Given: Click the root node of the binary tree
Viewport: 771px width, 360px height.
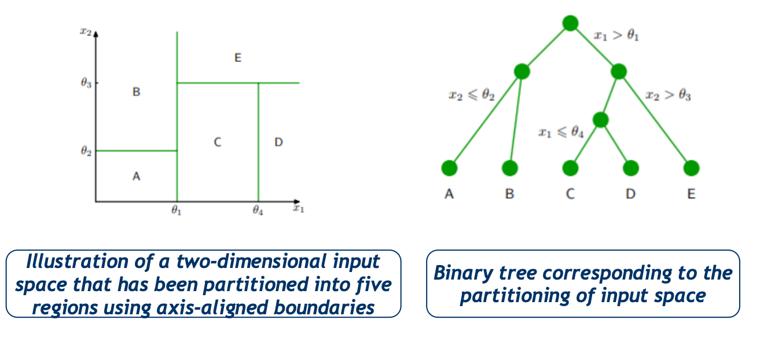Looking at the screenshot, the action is pos(570,23).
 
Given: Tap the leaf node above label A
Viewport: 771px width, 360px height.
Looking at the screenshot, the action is pos(450,168).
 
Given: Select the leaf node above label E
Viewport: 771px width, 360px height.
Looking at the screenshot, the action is pos(692,168).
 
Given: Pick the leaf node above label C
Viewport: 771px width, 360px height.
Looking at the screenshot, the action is pos(570,168).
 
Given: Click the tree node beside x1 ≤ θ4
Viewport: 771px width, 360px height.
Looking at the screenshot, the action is pos(601,120).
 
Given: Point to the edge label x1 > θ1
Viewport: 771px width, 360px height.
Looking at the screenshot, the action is pos(616,35).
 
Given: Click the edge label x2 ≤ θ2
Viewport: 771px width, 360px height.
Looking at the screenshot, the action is pos(472,95).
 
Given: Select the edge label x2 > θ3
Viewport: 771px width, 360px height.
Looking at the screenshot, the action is pos(668,95).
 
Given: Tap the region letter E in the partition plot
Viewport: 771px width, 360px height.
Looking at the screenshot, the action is pos(238,57).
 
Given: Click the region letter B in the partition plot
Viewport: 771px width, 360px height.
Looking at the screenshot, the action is pos(136,92).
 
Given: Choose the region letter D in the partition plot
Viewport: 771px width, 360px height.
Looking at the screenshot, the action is pos(278,142).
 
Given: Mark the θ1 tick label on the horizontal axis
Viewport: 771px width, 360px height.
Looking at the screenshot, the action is pos(176,210).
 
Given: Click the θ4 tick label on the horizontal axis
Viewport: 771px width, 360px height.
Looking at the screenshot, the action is pos(258,210).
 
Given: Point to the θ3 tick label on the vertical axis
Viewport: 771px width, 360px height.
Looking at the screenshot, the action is pos(86,83).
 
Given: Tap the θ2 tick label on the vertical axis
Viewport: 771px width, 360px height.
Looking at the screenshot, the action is pos(86,150).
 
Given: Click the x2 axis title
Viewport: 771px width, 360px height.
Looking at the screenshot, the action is pos(86,31).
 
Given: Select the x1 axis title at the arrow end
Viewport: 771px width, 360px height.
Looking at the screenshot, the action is pos(299,208).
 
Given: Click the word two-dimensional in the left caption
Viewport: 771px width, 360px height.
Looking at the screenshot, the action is pos(251,261).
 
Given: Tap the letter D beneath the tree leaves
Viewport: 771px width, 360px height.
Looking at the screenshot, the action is pos(630,194).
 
